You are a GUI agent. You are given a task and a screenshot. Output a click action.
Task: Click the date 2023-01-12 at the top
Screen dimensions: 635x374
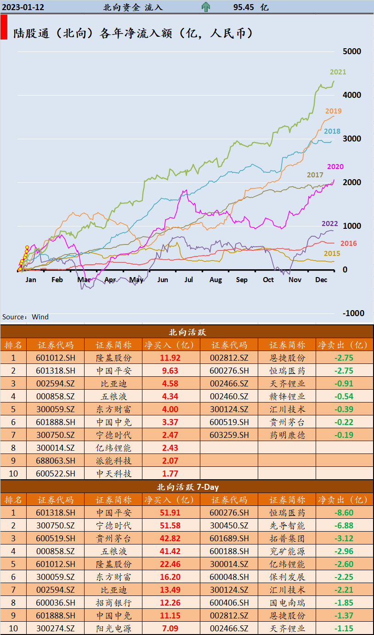pos(23,7)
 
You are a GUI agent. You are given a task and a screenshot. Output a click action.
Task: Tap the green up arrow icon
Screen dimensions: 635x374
pos(206,7)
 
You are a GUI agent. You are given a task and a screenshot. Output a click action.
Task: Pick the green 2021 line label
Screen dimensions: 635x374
pos(338,72)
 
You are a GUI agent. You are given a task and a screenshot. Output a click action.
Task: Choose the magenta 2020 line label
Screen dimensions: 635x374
pos(335,167)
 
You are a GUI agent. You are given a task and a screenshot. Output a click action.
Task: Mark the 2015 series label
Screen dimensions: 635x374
pos(332,254)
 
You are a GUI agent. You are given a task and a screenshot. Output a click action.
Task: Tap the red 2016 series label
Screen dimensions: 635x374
pos(348,244)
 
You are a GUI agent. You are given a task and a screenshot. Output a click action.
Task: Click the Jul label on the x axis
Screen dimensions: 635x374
pos(188,280)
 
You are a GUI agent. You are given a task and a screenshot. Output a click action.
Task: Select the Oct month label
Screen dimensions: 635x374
pos(268,280)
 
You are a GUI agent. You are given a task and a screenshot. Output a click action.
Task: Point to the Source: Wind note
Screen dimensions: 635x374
pos(25,317)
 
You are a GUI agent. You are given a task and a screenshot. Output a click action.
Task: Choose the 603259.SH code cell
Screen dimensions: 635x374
pos(229,435)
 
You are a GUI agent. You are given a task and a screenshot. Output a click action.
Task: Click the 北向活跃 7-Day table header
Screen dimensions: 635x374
pos(187,487)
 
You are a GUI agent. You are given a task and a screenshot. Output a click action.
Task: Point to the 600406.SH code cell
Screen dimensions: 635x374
pos(229,603)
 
